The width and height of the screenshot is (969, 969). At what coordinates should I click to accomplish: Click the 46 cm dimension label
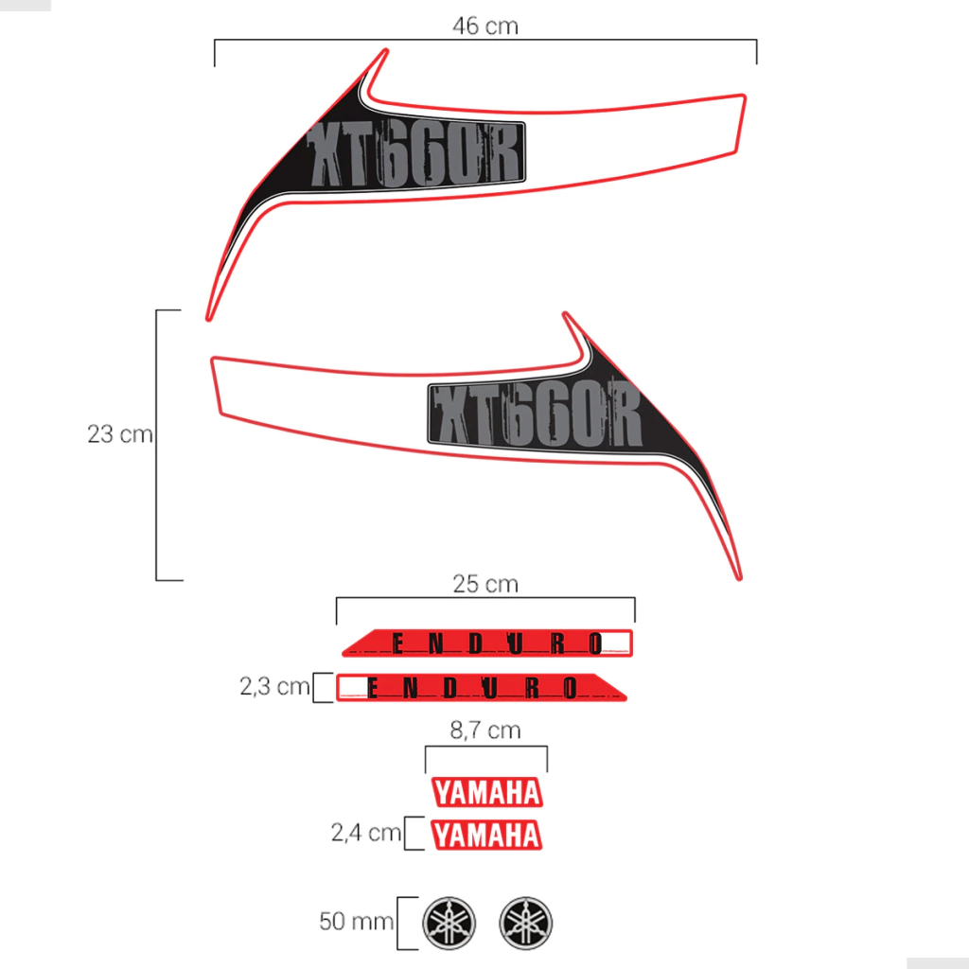485,26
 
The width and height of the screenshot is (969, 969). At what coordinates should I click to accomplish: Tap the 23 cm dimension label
120,433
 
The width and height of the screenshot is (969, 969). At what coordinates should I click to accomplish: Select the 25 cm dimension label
485,584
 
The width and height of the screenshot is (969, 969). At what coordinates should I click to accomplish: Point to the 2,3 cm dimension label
274,686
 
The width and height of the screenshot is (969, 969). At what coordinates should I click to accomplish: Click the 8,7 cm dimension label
485,731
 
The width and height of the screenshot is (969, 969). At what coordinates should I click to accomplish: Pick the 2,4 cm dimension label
366,833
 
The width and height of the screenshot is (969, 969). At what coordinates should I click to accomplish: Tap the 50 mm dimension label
356,922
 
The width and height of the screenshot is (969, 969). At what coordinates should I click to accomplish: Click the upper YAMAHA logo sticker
487,792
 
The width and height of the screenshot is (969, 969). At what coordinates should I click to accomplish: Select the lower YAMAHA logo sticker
486,835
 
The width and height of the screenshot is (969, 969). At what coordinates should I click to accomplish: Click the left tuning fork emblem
449,924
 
